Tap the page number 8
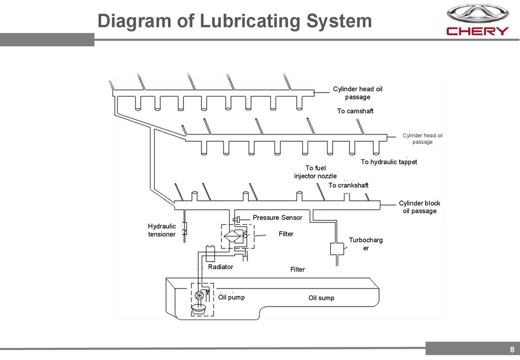(x=512, y=349)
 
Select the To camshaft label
(x=355, y=111)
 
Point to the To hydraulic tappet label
(x=388, y=162)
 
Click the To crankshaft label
(x=348, y=185)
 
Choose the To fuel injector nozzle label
(x=315, y=172)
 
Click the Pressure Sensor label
(x=277, y=217)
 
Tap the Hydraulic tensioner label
(x=161, y=230)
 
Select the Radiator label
(x=220, y=267)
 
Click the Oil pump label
(x=231, y=297)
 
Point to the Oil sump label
(x=321, y=298)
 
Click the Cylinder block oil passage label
(x=419, y=207)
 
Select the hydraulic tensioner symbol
(x=184, y=230)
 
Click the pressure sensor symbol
(x=236, y=219)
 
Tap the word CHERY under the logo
(x=477, y=31)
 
